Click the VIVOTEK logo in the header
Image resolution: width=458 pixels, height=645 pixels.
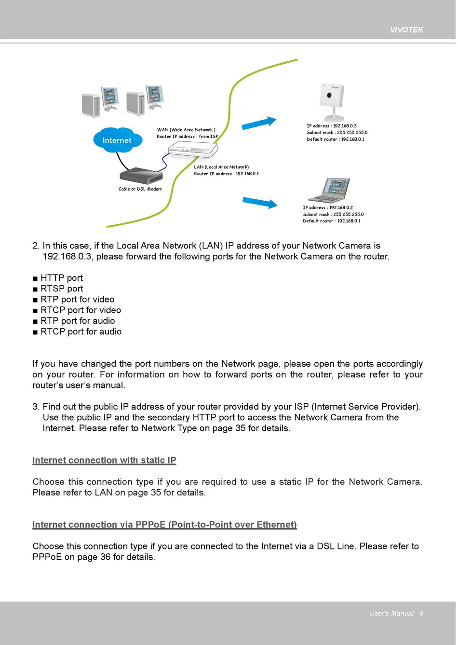[x=406, y=30]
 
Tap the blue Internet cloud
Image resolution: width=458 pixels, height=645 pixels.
[x=117, y=140]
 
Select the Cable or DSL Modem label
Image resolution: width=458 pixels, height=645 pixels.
[x=140, y=189]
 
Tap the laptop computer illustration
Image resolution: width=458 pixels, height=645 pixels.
[x=329, y=190]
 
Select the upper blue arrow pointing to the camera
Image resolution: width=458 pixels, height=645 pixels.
[x=259, y=123]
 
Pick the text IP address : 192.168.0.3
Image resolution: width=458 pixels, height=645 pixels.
[x=332, y=126]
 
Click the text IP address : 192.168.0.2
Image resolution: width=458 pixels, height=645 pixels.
[x=328, y=207]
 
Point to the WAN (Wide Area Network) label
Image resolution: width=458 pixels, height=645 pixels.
[x=186, y=130]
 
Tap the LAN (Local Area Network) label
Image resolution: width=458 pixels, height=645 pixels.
[x=221, y=167]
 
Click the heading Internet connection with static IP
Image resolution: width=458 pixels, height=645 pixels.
[x=104, y=460]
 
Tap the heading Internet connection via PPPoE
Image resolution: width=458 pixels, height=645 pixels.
[x=164, y=524]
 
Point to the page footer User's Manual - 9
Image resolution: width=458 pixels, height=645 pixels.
[x=396, y=613]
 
